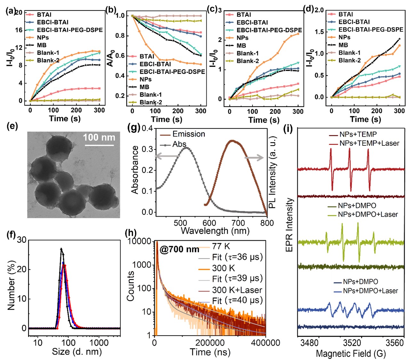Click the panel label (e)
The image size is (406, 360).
12,126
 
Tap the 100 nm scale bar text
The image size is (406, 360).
99,138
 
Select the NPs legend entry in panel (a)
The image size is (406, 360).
43,37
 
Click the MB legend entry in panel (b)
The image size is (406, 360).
144,87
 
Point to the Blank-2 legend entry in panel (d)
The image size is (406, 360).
349,60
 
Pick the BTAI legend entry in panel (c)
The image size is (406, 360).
243,15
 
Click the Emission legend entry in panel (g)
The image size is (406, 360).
188,134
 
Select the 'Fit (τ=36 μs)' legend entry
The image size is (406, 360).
237,257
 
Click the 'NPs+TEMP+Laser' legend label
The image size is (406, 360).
369,143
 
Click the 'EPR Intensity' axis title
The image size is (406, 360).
290,225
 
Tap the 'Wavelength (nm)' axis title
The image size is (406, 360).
215,231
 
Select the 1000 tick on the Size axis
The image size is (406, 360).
99,342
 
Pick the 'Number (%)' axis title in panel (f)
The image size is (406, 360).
12,285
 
